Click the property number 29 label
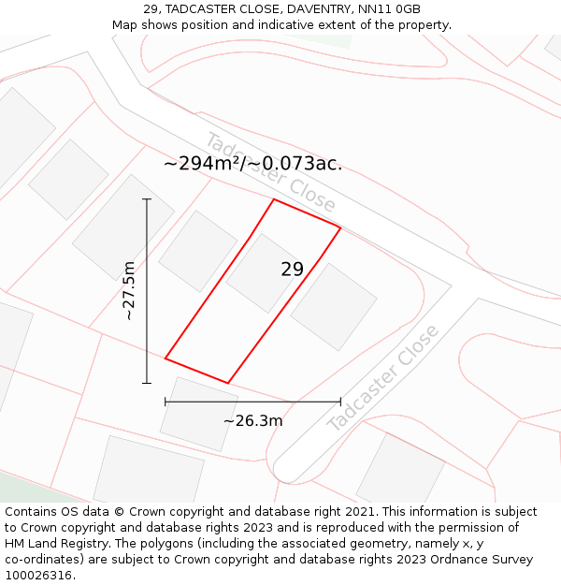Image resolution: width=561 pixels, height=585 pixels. point(292,270)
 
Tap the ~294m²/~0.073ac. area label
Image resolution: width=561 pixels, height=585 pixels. point(252,164)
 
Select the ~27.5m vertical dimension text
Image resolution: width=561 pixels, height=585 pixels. point(129,291)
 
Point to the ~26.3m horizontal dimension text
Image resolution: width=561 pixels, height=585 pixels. point(252,421)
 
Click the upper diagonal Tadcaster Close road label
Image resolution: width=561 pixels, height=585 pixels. point(270,172)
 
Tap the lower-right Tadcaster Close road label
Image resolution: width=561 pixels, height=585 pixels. point(383,378)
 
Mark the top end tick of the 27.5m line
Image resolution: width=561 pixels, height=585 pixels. point(147,199)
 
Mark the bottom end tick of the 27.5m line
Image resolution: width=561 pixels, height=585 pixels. point(147,383)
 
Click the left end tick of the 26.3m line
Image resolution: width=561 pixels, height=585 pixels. point(165,402)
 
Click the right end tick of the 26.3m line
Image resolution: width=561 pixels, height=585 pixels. point(340,402)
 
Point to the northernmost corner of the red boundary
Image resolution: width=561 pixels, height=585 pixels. point(274,199)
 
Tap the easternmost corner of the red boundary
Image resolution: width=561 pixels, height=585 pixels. point(340,227)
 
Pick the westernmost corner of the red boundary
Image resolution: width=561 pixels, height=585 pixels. point(165,358)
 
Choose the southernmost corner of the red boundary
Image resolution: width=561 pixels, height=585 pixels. point(228,383)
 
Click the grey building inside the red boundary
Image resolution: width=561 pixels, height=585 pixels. point(264,273)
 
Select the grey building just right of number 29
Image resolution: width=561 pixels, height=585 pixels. point(334,307)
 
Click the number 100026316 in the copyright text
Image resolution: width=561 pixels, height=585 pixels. point(38,576)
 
